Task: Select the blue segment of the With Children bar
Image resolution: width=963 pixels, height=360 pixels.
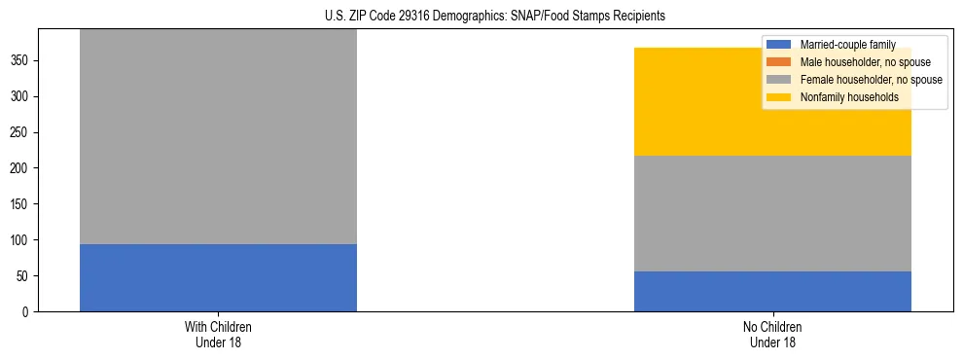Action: (x=218, y=277)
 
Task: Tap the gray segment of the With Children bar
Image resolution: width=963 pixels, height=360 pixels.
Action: (x=218, y=136)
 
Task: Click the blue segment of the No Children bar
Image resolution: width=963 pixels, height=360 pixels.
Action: (x=772, y=291)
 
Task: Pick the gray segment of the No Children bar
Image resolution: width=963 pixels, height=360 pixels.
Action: (x=772, y=213)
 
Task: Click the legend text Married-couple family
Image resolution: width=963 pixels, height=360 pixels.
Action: (x=847, y=45)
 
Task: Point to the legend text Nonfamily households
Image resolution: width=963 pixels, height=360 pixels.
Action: (x=842, y=97)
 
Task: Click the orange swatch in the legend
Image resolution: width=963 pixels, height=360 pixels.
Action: (x=779, y=62)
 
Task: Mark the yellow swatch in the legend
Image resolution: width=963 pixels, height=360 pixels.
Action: (x=779, y=97)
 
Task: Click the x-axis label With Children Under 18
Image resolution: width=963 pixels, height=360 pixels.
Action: (x=218, y=335)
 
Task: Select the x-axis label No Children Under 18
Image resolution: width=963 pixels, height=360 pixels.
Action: (x=772, y=335)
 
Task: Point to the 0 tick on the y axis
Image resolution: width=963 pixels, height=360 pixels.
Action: (x=28, y=312)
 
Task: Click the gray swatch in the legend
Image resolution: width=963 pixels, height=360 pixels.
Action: (x=779, y=80)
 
